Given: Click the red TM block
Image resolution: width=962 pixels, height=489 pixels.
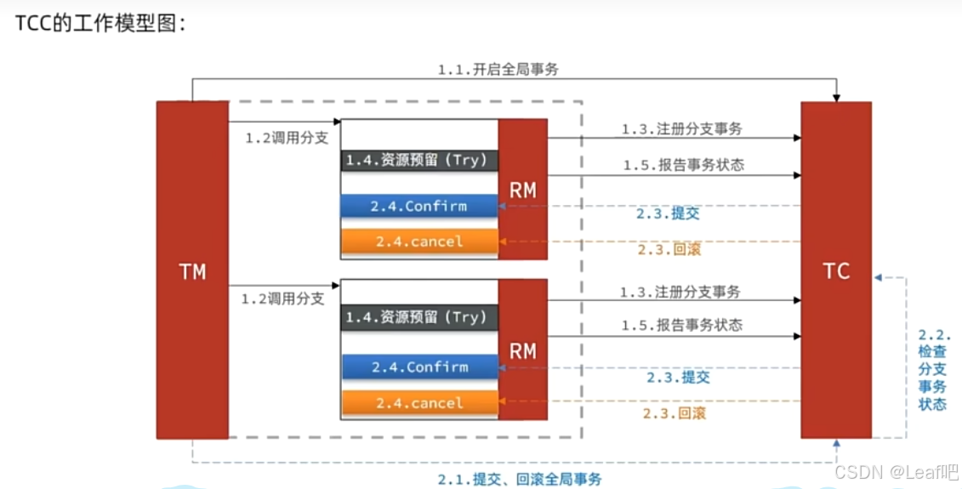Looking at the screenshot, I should pos(192,270).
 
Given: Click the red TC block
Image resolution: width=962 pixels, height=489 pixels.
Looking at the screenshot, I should pos(836,270).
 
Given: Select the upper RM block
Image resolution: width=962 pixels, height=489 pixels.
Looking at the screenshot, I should pos(522,189).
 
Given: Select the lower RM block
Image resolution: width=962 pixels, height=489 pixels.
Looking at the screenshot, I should pos(522,350).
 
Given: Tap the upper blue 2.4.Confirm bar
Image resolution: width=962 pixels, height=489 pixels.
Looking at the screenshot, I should pos(418,207).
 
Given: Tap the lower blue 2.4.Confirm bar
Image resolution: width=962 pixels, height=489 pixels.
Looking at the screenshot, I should pos(418,367).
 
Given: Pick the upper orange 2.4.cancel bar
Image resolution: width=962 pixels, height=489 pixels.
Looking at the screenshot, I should pos(418,242).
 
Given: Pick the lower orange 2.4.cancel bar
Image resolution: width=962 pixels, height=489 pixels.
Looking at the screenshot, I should pos(418,403).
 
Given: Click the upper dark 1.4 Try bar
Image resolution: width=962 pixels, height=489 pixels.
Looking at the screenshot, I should pos(418,160).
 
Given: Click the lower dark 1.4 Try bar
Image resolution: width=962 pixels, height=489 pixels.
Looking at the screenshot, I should pos(418,318).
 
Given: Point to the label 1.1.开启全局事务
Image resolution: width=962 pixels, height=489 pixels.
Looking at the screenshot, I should pos(498,70).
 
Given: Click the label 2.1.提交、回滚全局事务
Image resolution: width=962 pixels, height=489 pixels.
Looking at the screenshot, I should pos(520,480).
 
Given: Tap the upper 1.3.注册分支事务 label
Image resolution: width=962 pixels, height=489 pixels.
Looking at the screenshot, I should pos(681,129).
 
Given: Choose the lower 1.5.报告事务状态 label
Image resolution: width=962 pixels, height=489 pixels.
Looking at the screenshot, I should pos(681,325).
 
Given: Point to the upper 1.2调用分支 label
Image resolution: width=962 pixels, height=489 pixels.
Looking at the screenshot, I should pos(287,137).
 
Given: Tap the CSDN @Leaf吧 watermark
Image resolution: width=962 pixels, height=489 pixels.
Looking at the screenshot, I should pos(896,471).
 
